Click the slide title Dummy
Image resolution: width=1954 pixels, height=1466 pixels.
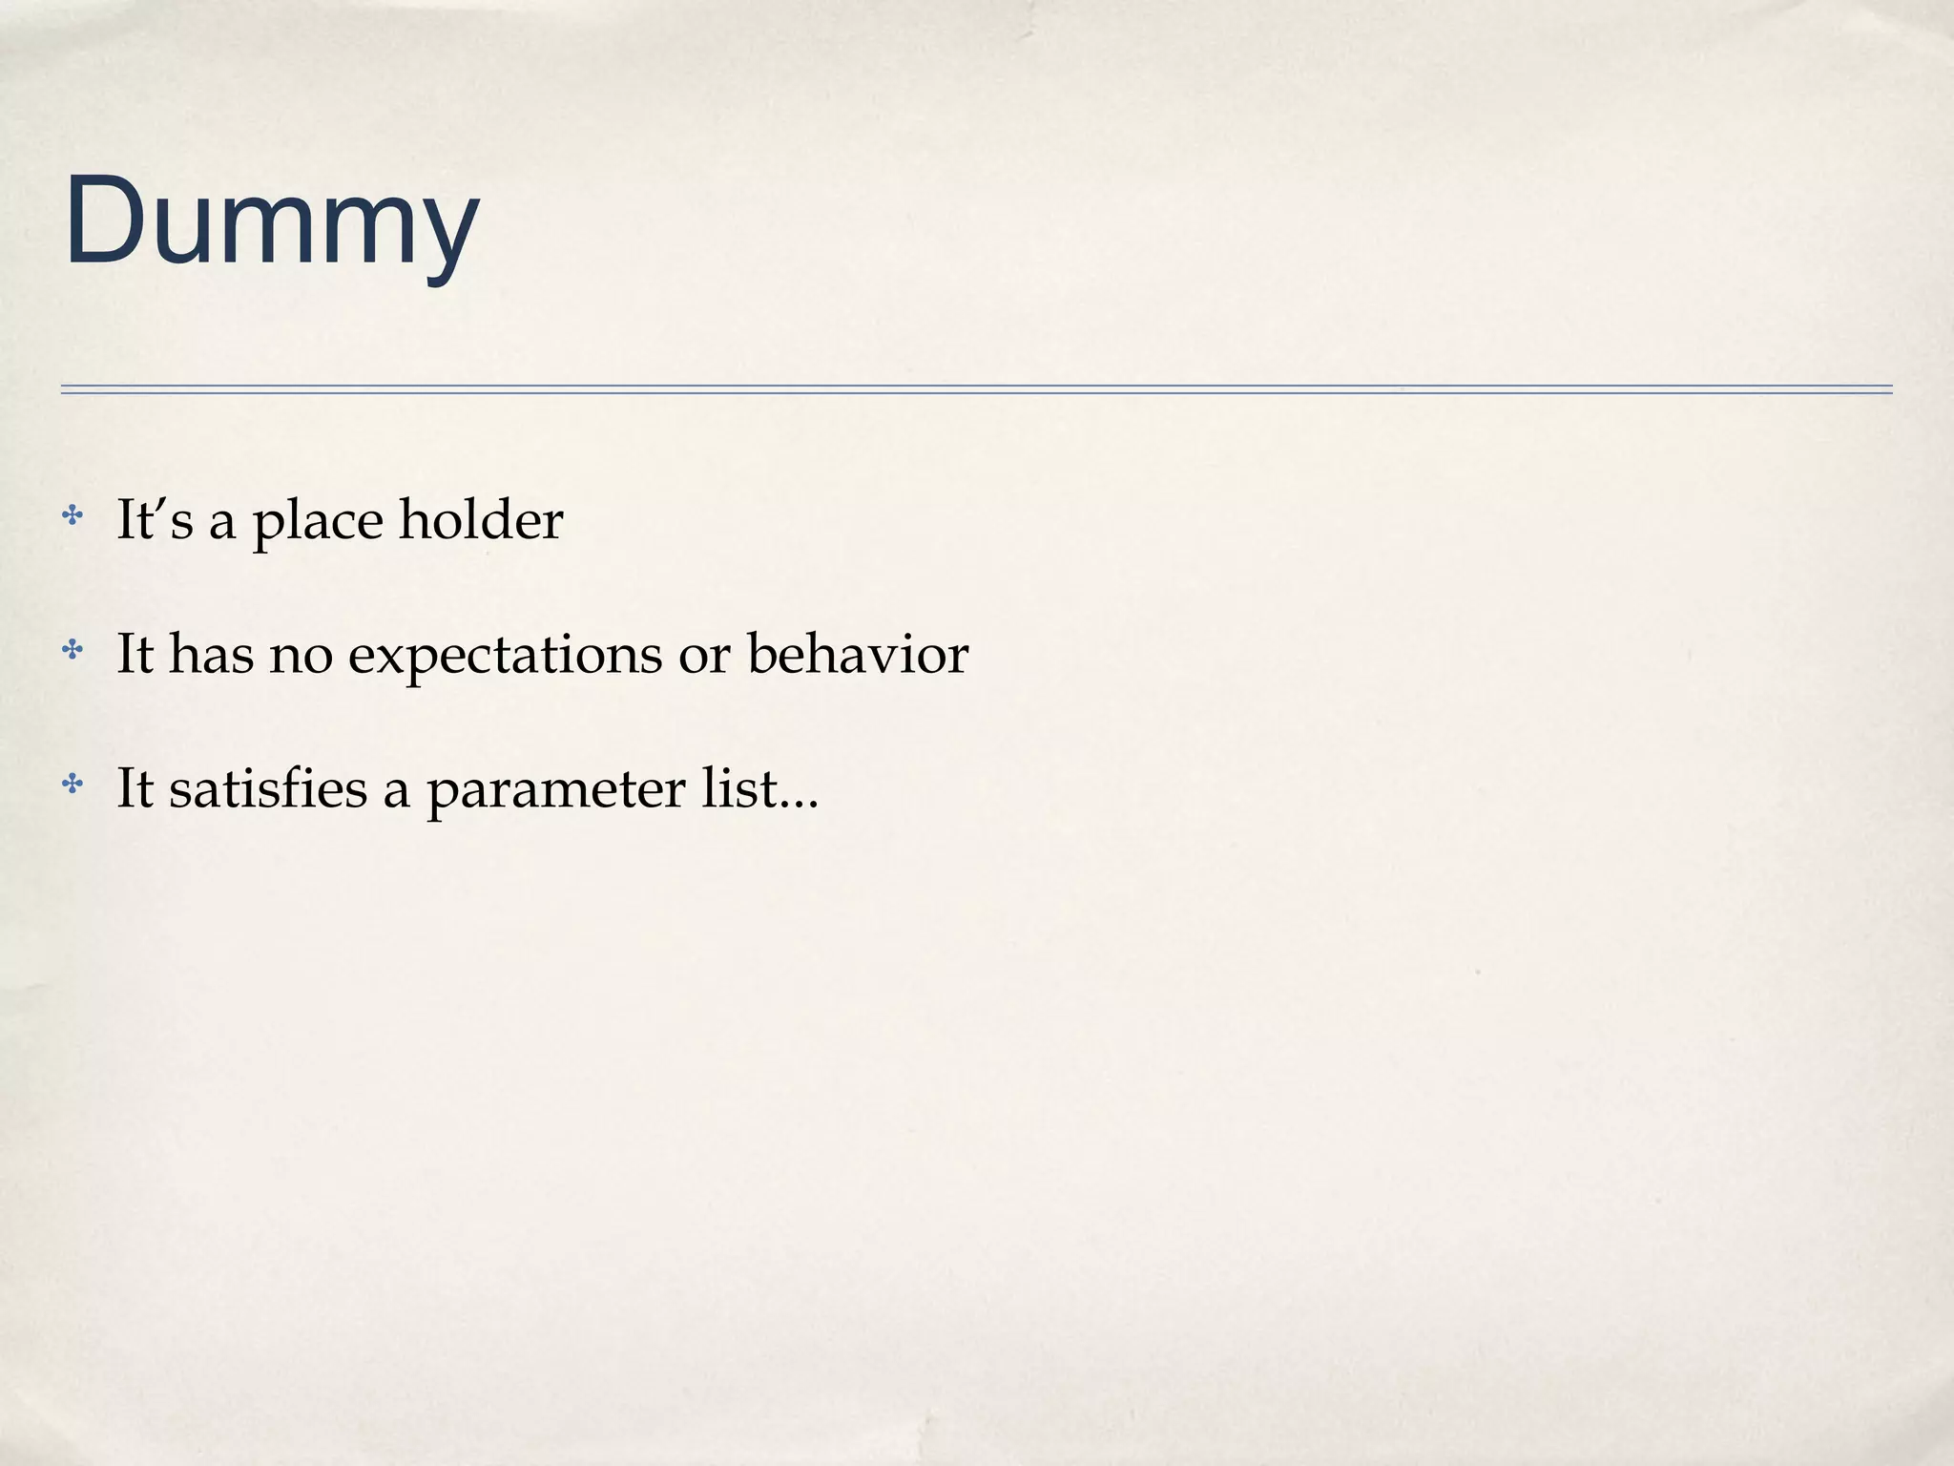(x=271, y=222)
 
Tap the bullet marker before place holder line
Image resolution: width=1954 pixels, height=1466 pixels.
(x=72, y=517)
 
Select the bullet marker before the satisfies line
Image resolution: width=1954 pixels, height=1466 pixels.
(x=72, y=785)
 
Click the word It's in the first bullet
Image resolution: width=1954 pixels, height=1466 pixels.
(x=155, y=520)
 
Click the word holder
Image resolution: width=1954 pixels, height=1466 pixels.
(x=481, y=520)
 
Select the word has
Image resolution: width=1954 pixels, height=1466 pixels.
(x=212, y=655)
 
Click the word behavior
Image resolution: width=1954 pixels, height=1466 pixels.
(x=858, y=655)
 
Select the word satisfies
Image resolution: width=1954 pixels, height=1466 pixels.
(x=268, y=789)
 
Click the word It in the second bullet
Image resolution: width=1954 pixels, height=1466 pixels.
(x=135, y=655)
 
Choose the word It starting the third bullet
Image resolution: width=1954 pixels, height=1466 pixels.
(x=135, y=789)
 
